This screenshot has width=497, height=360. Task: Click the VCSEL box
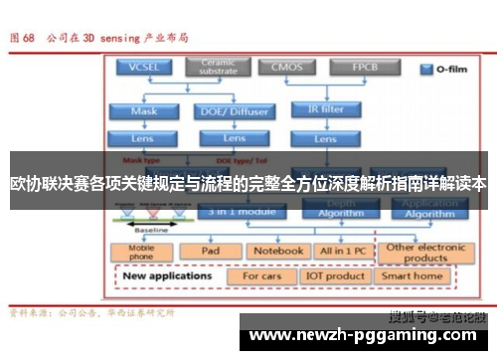(x=143, y=68)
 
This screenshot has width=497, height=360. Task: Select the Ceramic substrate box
(x=218, y=67)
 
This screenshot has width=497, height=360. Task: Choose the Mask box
(x=143, y=111)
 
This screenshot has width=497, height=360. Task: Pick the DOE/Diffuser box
(x=235, y=111)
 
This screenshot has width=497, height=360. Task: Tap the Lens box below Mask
(x=143, y=138)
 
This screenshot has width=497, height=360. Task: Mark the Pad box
(x=210, y=252)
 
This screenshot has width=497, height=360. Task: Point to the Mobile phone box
(x=143, y=252)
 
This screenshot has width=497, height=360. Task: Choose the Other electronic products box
(x=426, y=252)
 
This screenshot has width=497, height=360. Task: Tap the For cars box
(x=262, y=275)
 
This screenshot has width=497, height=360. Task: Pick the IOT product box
(x=334, y=275)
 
